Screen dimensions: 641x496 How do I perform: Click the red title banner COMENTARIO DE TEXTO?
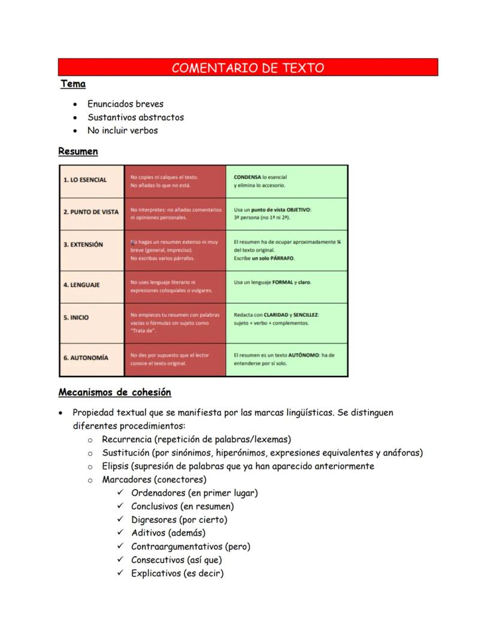tap(248, 68)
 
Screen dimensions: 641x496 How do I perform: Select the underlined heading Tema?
tap(73, 84)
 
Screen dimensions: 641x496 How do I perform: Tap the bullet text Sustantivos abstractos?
tap(135, 117)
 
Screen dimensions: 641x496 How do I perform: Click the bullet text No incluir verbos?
tap(122, 130)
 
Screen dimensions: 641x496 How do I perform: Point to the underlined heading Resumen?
tap(78, 151)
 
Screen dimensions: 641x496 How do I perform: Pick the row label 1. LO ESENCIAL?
tap(85, 180)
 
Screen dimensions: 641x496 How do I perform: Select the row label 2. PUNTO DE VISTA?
tap(91, 212)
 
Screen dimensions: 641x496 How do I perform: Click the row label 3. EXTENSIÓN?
tap(83, 244)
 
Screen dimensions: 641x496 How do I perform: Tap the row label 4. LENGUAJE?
tap(81, 285)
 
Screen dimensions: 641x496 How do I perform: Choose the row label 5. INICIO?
tap(76, 318)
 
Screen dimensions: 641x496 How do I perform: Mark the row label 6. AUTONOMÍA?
tap(86, 358)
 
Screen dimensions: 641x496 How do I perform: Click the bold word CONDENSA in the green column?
tap(247, 177)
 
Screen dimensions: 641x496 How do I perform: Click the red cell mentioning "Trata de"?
tap(175, 323)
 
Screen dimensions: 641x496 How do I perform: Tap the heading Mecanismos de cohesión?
tap(114, 393)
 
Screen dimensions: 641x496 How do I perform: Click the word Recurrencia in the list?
tap(126, 439)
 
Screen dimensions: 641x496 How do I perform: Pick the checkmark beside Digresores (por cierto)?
tap(120, 520)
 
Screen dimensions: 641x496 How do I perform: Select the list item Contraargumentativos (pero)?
tap(190, 546)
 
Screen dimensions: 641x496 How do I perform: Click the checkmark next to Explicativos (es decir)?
tap(120, 573)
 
